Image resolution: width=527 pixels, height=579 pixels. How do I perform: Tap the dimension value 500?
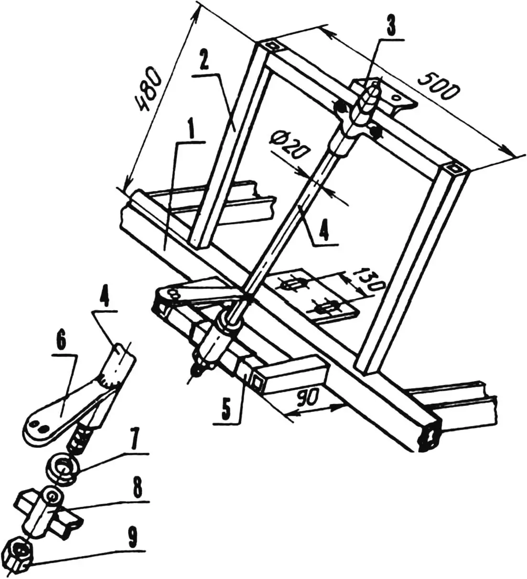tap(437, 87)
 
